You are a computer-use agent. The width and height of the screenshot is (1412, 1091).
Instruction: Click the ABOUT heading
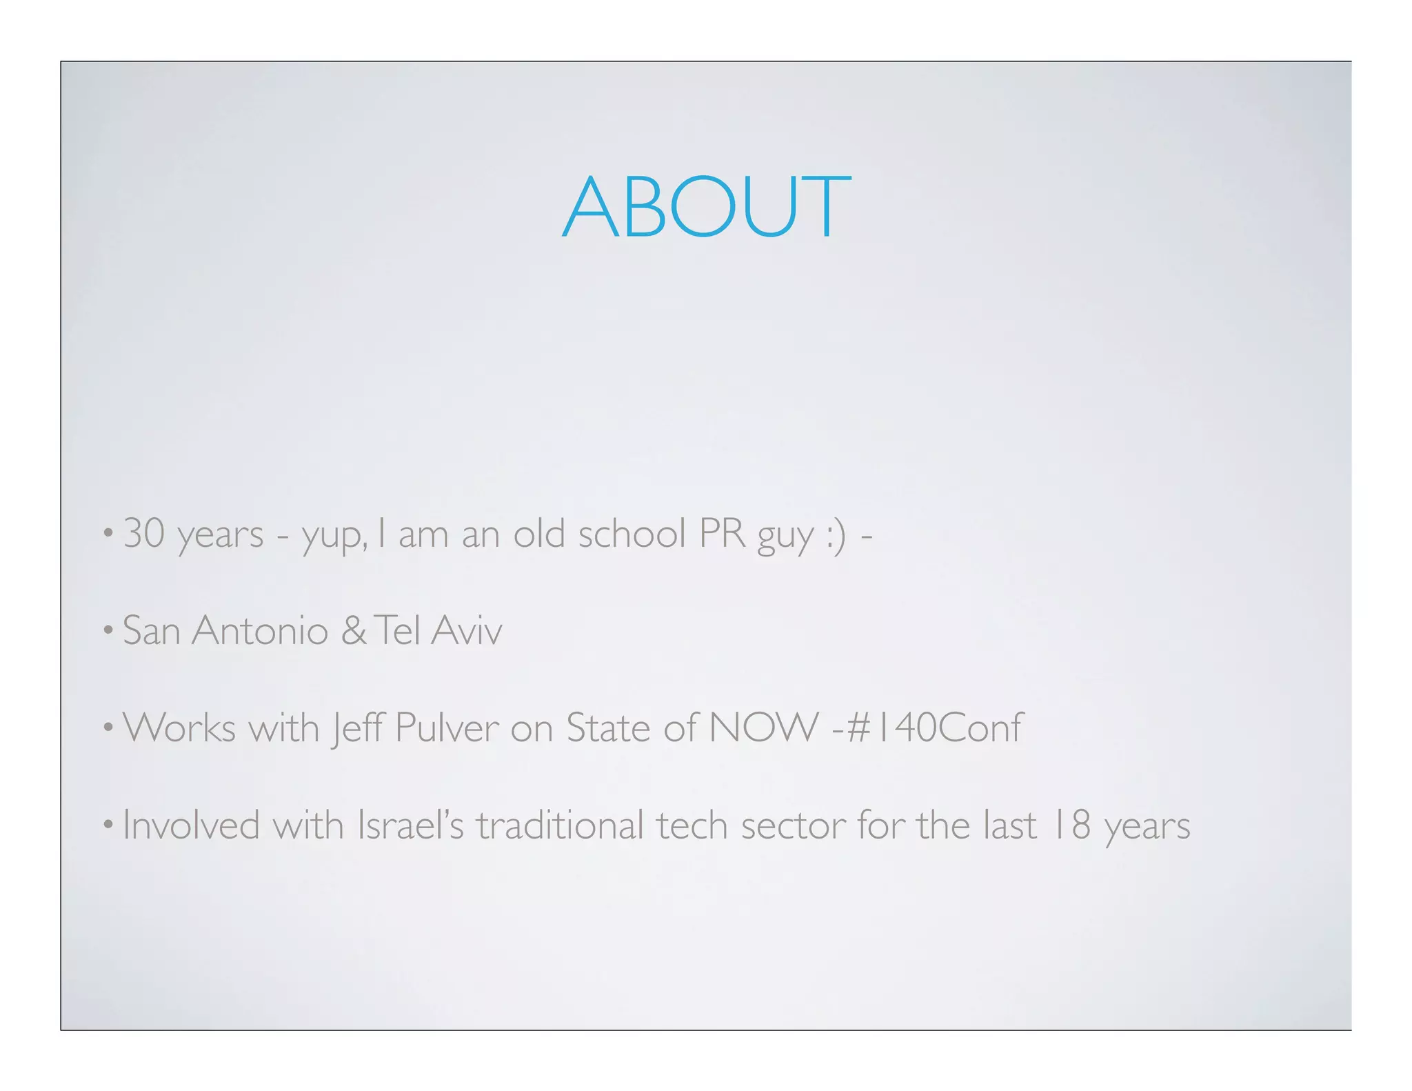tap(707, 207)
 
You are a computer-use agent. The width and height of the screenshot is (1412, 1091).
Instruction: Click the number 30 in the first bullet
tap(144, 534)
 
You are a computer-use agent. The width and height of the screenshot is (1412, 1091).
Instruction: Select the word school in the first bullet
tap(632, 534)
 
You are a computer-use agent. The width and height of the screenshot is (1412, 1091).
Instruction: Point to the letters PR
tap(722, 534)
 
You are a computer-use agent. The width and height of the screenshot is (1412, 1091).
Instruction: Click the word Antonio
tap(259, 630)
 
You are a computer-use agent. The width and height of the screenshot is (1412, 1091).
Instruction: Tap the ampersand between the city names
tap(354, 630)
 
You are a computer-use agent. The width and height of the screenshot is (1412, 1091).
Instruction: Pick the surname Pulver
tap(447, 728)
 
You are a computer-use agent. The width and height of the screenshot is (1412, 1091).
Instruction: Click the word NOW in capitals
tap(763, 728)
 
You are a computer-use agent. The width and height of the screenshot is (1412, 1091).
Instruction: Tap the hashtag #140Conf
tap(934, 728)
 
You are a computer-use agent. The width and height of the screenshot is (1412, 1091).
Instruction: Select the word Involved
tap(191, 825)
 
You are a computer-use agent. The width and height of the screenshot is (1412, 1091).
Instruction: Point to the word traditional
tap(560, 825)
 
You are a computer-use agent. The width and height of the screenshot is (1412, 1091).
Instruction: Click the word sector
tap(793, 826)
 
